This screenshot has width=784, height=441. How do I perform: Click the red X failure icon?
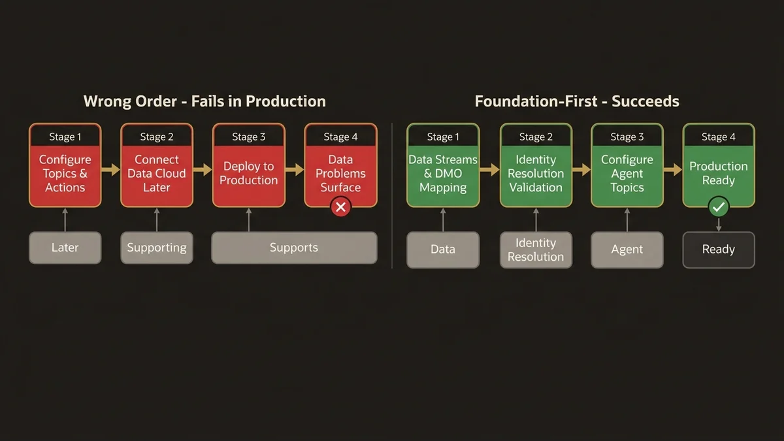[x=340, y=207]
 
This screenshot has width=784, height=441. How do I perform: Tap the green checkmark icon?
[x=719, y=207]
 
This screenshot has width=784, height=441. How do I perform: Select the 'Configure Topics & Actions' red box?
[x=65, y=173]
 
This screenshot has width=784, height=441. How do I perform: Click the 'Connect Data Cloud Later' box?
[x=157, y=173]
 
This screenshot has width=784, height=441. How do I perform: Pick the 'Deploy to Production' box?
[x=248, y=173]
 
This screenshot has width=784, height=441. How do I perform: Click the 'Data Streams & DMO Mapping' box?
[x=443, y=173]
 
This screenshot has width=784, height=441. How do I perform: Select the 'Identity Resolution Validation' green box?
[x=536, y=173]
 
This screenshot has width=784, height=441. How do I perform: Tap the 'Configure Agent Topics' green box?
[x=627, y=173]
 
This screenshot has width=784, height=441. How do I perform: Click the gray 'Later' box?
[x=65, y=248]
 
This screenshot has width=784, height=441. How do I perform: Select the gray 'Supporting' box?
[x=157, y=248]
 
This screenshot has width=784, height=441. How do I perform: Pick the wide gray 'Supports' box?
[x=294, y=248]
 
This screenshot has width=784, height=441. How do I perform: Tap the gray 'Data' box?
[x=443, y=250]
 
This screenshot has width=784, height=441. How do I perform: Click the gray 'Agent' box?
[x=627, y=250]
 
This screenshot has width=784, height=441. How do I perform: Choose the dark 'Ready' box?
[x=719, y=250]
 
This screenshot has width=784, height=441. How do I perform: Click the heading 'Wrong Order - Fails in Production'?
[x=204, y=101]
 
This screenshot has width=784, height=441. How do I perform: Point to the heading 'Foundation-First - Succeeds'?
[x=577, y=101]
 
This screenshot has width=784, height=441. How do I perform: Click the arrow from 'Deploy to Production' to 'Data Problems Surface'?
[x=295, y=170]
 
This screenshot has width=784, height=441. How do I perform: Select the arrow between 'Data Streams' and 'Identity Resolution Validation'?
[x=489, y=170]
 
